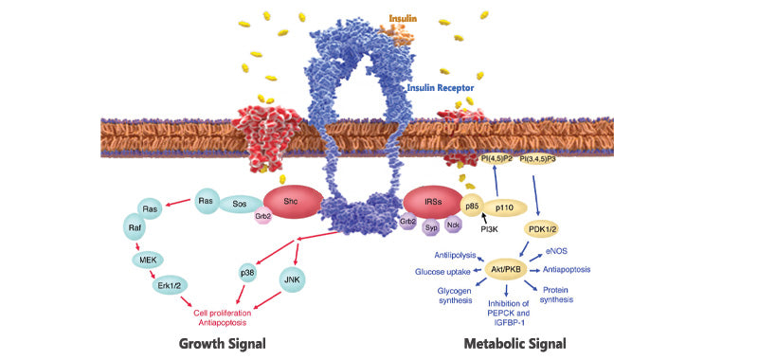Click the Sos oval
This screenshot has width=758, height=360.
241,203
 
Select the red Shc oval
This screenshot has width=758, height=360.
288,201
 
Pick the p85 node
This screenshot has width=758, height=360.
472,204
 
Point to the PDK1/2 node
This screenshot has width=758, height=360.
544,228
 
